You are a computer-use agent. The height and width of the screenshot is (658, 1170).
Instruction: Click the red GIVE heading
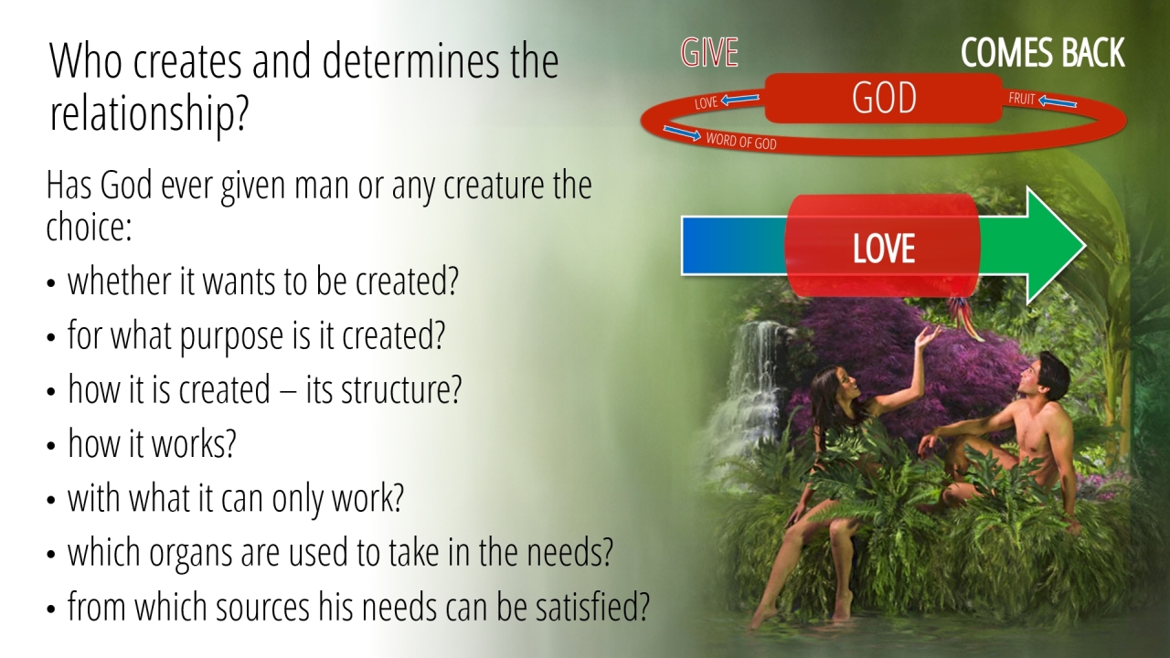pyautogui.click(x=709, y=53)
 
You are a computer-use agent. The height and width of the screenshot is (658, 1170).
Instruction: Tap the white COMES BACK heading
pyautogui.click(x=1043, y=52)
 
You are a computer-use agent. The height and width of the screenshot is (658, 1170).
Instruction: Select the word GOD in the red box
pyautogui.click(x=884, y=98)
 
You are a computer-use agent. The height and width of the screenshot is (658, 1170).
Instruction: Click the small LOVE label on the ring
pyautogui.click(x=707, y=103)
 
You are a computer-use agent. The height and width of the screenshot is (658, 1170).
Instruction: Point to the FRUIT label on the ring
pyautogui.click(x=1022, y=99)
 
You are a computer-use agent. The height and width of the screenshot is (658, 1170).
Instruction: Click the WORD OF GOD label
pyautogui.click(x=741, y=141)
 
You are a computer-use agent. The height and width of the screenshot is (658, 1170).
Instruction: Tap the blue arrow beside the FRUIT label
pyautogui.click(x=1058, y=101)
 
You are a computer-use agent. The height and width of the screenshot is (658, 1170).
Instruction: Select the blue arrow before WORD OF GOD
pyautogui.click(x=682, y=133)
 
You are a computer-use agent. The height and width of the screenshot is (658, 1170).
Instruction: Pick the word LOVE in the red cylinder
pyautogui.click(x=884, y=248)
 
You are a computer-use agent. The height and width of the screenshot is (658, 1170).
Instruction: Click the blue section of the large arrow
pyautogui.click(x=734, y=246)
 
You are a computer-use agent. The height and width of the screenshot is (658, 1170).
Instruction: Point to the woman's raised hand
pyautogui.click(x=926, y=337)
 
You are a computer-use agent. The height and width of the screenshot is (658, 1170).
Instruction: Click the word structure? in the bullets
pyautogui.click(x=401, y=389)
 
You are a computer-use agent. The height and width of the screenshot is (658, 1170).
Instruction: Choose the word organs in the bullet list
pyautogui.click(x=190, y=554)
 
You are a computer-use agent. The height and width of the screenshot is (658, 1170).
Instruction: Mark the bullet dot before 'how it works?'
pyautogui.click(x=50, y=446)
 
